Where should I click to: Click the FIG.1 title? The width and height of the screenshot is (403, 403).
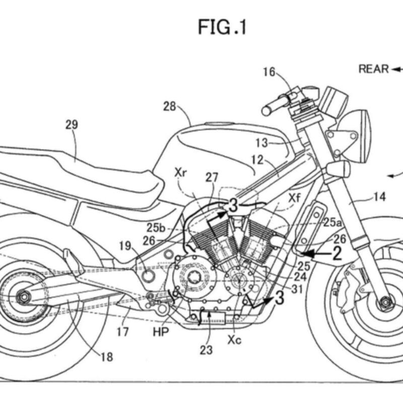(x=222, y=26)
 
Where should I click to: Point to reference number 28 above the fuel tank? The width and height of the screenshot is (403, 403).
(x=170, y=106)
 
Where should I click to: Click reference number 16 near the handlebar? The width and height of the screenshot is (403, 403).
(x=269, y=72)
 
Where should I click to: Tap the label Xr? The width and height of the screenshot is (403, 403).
(x=181, y=172)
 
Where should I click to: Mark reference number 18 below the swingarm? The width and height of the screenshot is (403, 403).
(x=106, y=357)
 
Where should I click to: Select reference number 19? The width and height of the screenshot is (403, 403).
(x=125, y=246)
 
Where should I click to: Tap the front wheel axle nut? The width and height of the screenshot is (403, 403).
(x=386, y=302)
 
